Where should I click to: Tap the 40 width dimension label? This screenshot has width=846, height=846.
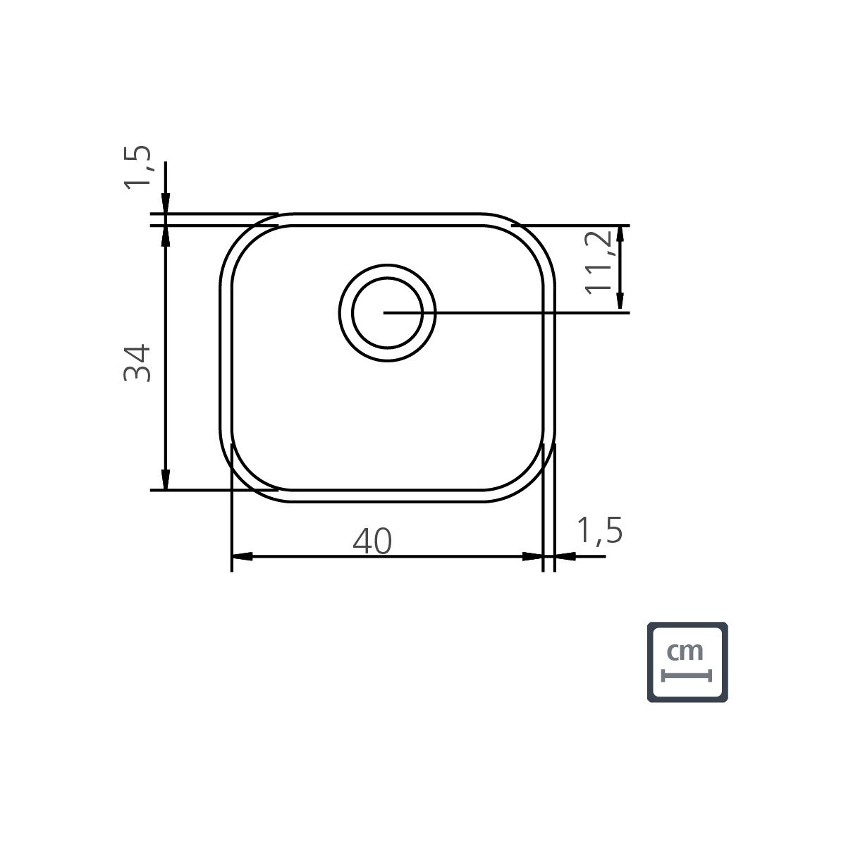pyautogui.click(x=372, y=541)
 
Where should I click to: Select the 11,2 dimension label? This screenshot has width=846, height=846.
pyautogui.click(x=599, y=262)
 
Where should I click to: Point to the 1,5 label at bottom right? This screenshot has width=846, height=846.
pyautogui.click(x=600, y=530)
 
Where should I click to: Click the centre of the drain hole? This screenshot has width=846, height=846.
pyautogui.click(x=387, y=312)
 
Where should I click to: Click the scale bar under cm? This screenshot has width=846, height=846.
pyautogui.click(x=686, y=675)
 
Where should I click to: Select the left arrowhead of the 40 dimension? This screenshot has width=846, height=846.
pyautogui.click(x=242, y=556)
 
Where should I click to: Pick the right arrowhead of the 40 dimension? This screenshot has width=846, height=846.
pyautogui.click(x=532, y=556)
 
